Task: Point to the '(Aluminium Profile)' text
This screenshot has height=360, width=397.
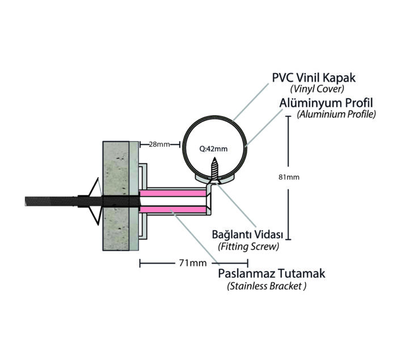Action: point(336,115)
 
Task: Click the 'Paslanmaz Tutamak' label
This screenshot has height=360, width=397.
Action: point(272,274)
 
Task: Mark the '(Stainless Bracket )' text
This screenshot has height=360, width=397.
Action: point(267,286)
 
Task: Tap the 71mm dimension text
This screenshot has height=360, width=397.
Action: point(192,264)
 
